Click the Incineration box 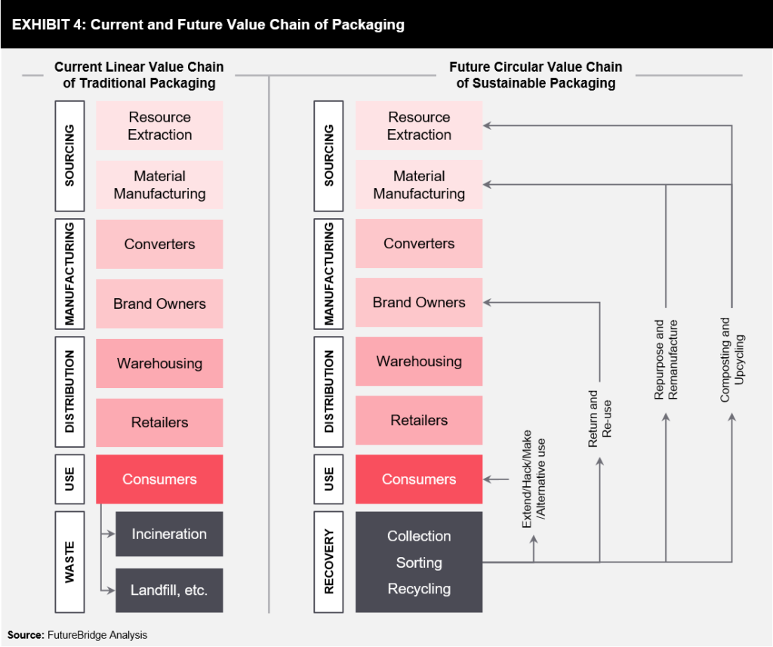point(169,534)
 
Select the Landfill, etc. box point(169,590)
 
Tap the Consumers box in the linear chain point(159,479)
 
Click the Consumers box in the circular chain point(419,479)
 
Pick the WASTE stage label point(69,562)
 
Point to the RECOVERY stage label point(329,562)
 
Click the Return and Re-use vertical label point(599,419)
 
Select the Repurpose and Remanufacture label point(666,359)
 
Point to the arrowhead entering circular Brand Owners point(488,303)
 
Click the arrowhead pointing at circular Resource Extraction point(488,125)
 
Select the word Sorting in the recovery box point(419,562)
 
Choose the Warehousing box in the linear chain point(159,363)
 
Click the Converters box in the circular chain point(419,244)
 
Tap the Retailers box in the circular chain point(419,421)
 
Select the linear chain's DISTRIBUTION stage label point(69,393)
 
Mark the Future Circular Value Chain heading point(536,75)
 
